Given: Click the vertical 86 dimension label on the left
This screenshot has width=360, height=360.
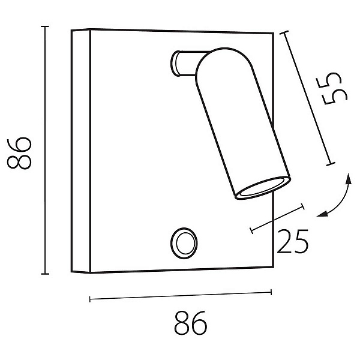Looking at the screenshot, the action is pos(19,153).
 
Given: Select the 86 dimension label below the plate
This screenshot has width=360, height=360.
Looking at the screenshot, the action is pos(191,323).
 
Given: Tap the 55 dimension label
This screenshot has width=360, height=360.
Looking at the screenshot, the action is pos(332,89).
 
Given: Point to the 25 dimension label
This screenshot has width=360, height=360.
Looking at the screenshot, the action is pos(293,241).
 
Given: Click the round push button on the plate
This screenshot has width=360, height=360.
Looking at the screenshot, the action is pos(184,244).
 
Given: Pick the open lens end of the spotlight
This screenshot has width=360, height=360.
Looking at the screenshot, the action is pos(263,188).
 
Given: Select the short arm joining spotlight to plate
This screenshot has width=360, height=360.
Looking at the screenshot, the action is pos(186,63).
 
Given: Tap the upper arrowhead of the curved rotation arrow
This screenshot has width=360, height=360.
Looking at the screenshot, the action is pos(349,179).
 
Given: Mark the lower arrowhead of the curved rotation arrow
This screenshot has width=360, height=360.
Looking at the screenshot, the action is pos(322,214).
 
